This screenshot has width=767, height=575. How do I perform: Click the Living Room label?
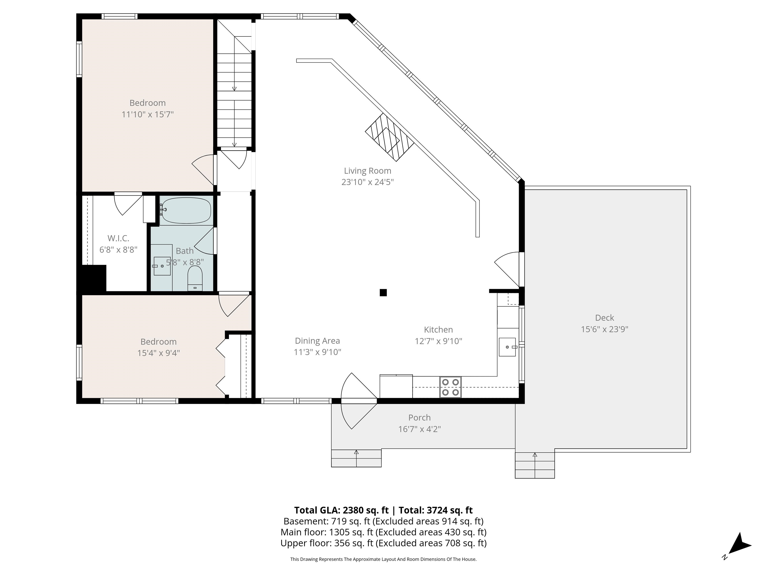click(x=368, y=171)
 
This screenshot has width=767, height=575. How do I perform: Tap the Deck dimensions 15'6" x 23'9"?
click(x=604, y=329)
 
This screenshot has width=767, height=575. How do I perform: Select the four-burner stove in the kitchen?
click(x=450, y=387)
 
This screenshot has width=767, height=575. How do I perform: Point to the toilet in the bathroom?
click(x=195, y=278)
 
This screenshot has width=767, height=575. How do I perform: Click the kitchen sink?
click(x=508, y=347)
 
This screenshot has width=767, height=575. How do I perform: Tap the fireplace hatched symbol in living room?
click(x=390, y=137)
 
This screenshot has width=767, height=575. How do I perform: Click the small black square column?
click(x=383, y=292)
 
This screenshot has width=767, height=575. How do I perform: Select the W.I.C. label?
click(x=118, y=238)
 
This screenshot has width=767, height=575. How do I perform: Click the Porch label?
click(x=419, y=418)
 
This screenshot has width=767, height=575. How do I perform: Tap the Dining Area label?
click(x=317, y=341)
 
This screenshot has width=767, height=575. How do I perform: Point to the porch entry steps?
click(x=357, y=458)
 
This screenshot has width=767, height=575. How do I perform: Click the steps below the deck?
click(x=535, y=465)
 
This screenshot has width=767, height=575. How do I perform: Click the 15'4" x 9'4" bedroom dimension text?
click(x=159, y=353)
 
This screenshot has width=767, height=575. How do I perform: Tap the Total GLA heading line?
click(x=383, y=510)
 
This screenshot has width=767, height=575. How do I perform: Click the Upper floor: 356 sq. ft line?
click(x=383, y=543)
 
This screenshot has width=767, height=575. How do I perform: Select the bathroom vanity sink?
click(x=162, y=266)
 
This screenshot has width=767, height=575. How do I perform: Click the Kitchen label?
click(x=438, y=330)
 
